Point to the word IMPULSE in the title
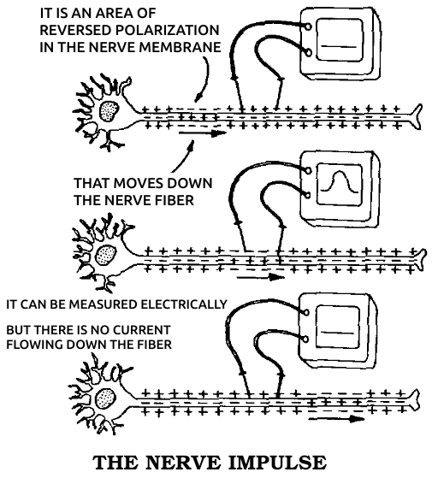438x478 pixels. click(x=277, y=463)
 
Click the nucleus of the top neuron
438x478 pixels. click(x=109, y=111)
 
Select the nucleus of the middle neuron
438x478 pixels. click(x=106, y=255)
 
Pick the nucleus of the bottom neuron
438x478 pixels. click(x=106, y=398)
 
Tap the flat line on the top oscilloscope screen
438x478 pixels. click(x=339, y=47)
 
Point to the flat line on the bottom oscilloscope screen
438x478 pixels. click(x=337, y=333)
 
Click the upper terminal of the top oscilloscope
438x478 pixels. click(x=308, y=27)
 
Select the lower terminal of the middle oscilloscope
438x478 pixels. click(x=307, y=194)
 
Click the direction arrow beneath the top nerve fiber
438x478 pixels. click(x=203, y=133)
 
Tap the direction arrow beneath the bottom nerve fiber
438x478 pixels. click(x=337, y=419)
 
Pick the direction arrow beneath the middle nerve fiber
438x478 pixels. click(x=261, y=277)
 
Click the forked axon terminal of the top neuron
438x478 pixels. click(x=416, y=116)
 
